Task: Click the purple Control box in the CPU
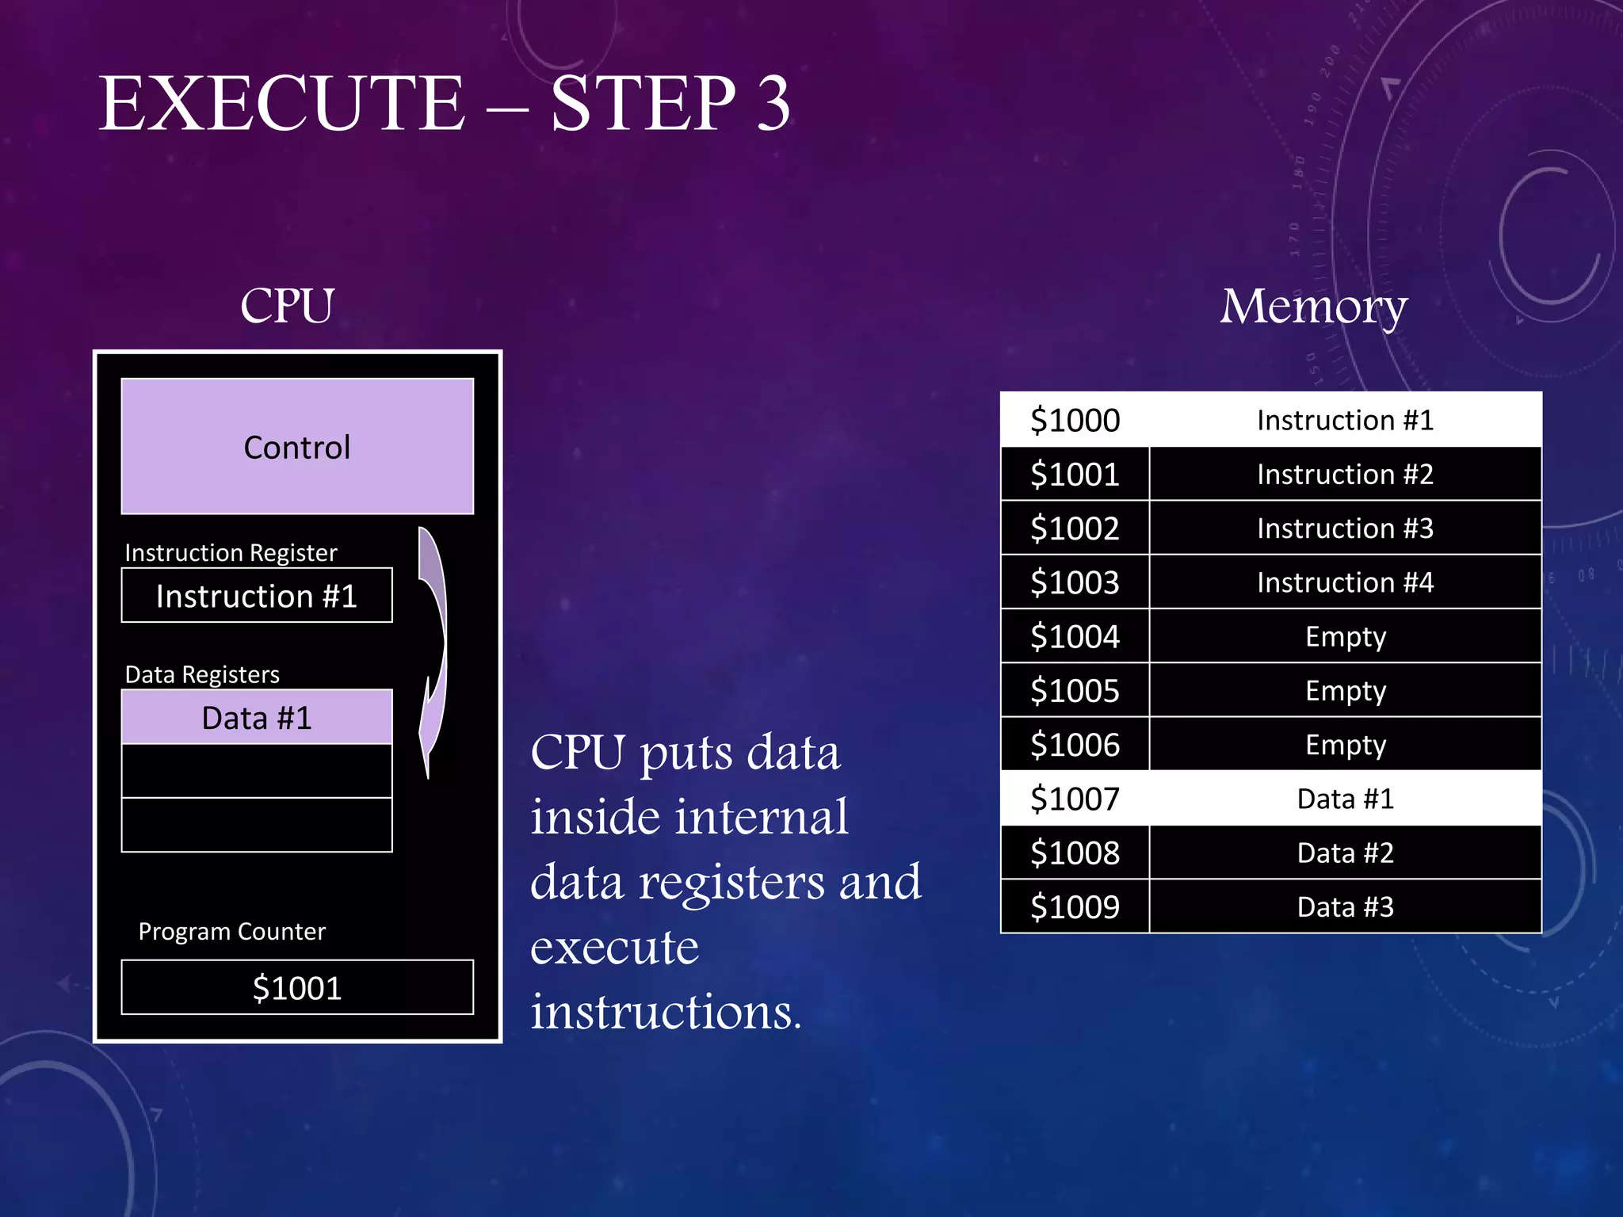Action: click(297, 446)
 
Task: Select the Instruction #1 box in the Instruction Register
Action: click(257, 596)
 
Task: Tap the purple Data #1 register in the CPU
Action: click(257, 717)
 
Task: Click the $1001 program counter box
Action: click(297, 987)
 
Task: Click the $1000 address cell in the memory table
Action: click(1075, 420)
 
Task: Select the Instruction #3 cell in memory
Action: click(1345, 528)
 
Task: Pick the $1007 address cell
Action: click(1075, 799)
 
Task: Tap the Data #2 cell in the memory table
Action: click(1345, 853)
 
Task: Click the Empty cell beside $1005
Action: click(1345, 690)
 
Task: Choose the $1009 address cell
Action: click(1075, 906)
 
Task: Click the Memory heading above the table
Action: click(1313, 307)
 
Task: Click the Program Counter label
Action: click(231, 931)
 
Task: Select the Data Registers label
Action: click(202, 674)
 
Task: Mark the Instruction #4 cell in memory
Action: click(1345, 582)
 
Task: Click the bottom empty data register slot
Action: click(257, 825)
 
